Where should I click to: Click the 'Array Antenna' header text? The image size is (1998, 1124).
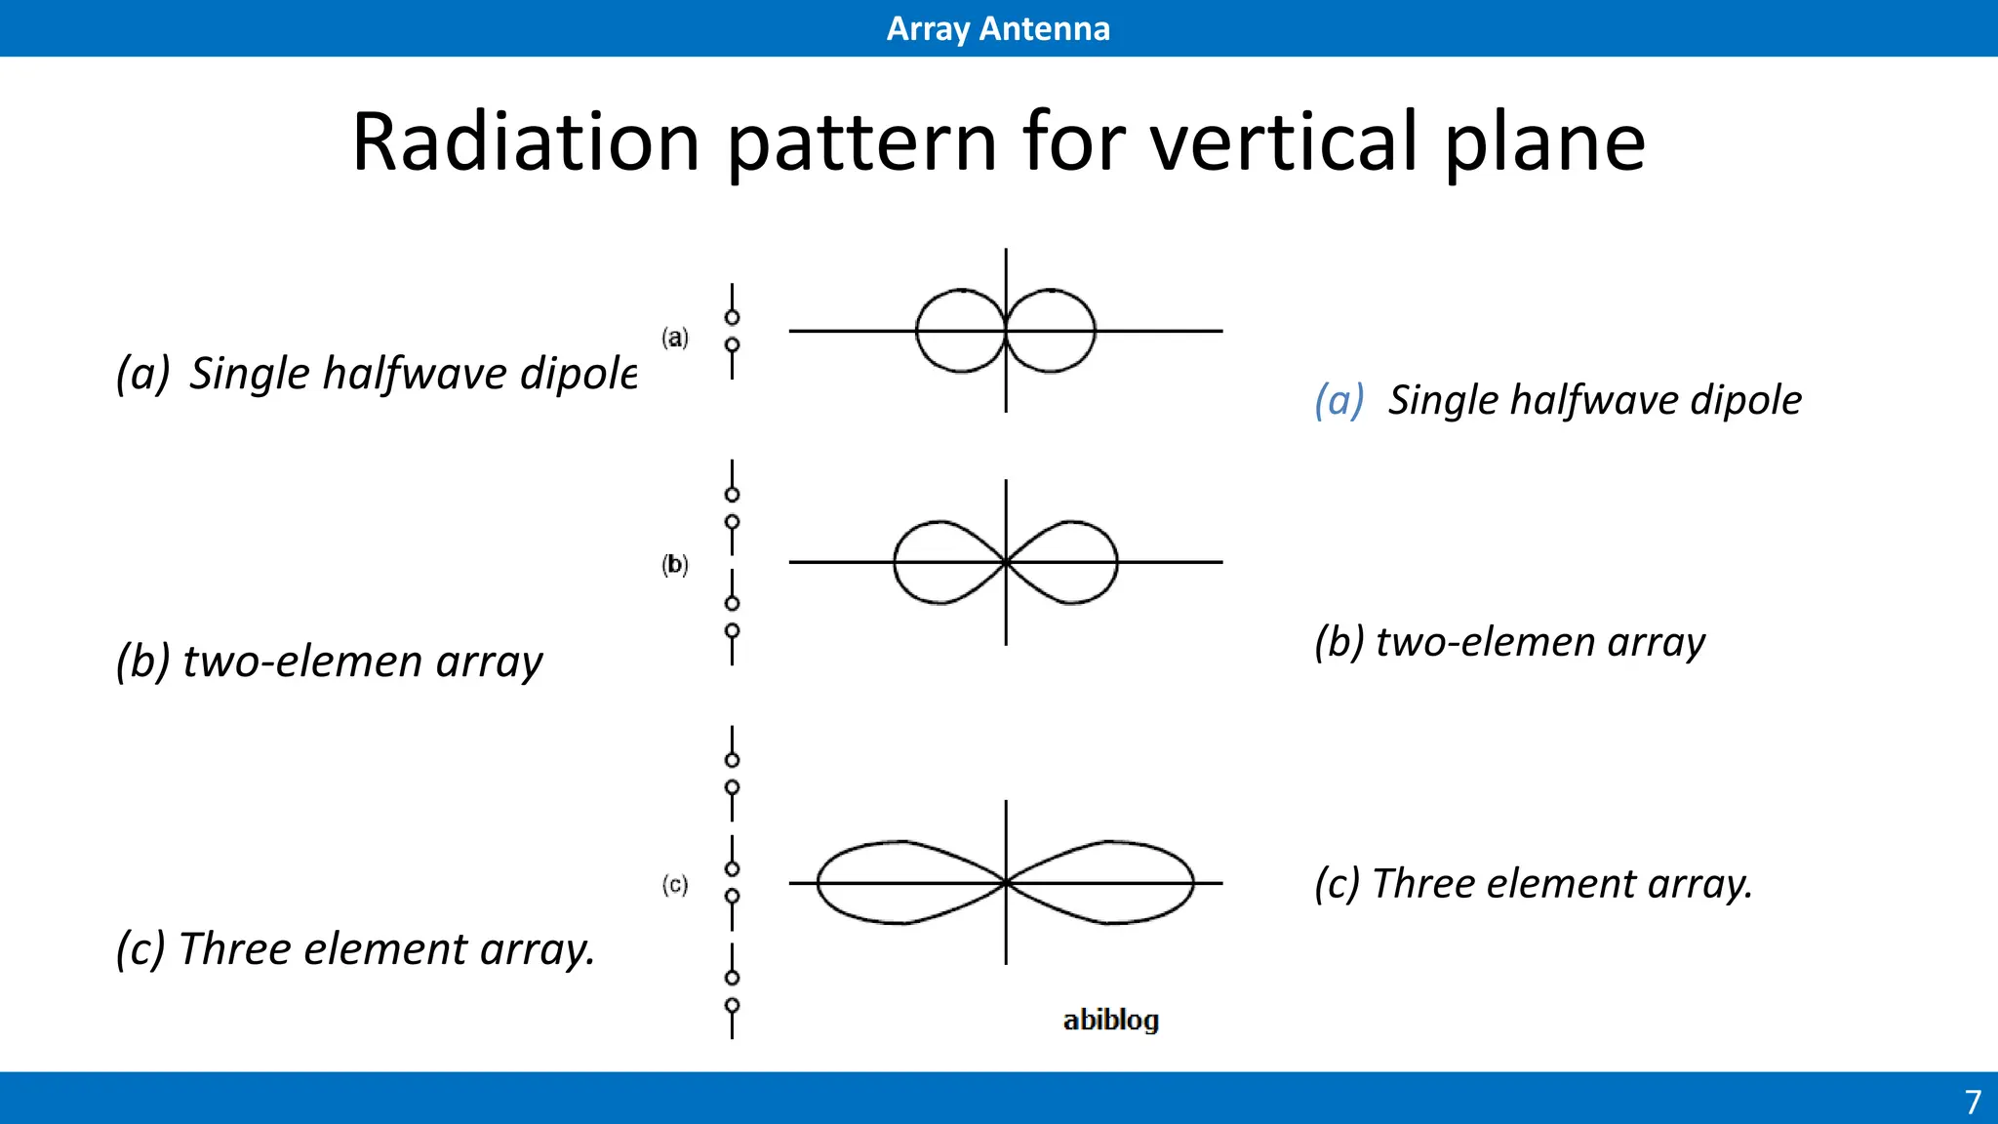[998, 28]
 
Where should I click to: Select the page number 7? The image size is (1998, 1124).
[1973, 1102]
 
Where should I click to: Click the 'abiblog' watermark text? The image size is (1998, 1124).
[1110, 1020]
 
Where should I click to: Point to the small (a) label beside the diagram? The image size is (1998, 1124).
[675, 338]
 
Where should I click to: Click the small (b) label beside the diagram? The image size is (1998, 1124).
[675, 564]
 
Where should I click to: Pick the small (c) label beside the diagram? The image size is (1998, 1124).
[675, 885]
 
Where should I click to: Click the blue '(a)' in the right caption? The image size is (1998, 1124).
[1339, 400]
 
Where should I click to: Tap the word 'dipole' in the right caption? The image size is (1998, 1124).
[1745, 400]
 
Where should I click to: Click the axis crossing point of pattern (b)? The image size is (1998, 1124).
[1006, 562]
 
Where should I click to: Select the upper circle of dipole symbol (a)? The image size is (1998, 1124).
[732, 317]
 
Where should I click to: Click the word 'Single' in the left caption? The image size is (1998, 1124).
[251, 374]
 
